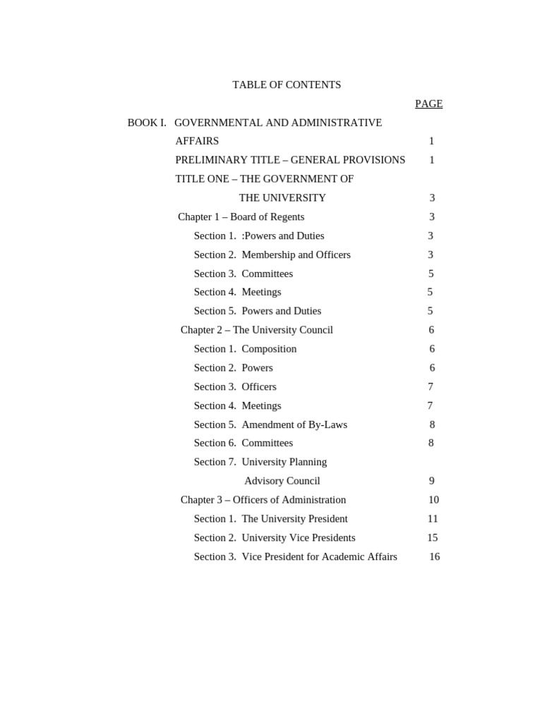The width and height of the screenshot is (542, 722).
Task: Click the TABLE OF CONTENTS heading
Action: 287,85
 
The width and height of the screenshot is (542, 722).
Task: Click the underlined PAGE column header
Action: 428,104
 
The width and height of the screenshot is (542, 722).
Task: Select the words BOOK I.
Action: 147,123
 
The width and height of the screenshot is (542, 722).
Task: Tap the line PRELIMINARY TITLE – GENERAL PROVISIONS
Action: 290,160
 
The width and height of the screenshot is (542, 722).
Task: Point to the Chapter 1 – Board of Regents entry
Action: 241,216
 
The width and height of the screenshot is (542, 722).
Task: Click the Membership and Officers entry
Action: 296,255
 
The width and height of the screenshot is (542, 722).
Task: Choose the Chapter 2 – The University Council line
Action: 257,330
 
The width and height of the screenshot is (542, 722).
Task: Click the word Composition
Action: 269,349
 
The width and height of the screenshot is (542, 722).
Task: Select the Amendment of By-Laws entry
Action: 294,424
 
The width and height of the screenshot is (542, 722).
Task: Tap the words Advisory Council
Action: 282,481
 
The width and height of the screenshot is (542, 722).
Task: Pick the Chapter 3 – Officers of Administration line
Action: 263,500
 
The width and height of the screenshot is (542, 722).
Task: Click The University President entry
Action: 294,519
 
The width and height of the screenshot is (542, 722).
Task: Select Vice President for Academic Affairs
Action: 319,556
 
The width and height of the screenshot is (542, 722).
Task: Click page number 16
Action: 435,556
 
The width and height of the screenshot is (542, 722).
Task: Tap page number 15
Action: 433,537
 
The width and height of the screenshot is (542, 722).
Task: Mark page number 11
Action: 433,519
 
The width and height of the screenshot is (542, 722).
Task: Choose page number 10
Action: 433,500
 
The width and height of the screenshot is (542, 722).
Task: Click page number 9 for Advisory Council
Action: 431,481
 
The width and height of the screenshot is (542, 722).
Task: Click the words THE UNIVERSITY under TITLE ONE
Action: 282,197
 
